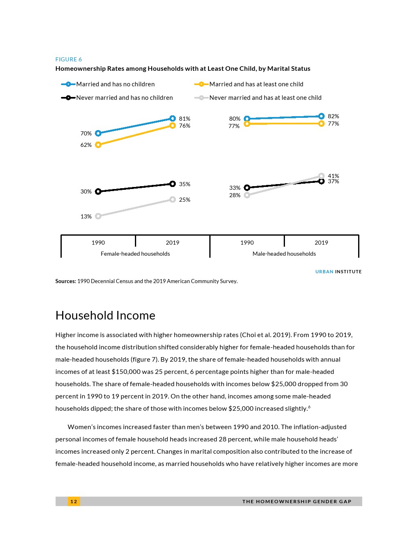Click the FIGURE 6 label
68,59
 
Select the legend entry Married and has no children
115,84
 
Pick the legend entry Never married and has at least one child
265,98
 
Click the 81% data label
184,119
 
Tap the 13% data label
86,216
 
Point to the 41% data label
333,176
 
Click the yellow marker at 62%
98,145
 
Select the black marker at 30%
98,191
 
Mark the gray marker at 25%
173,200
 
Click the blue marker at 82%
321,116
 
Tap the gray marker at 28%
247,195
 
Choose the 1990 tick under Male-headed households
247,243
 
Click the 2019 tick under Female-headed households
173,243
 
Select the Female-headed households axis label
135,254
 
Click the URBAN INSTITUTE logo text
339,272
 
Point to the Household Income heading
105,315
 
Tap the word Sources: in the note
66,281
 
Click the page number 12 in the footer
74,502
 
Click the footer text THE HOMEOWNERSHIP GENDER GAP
297,502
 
